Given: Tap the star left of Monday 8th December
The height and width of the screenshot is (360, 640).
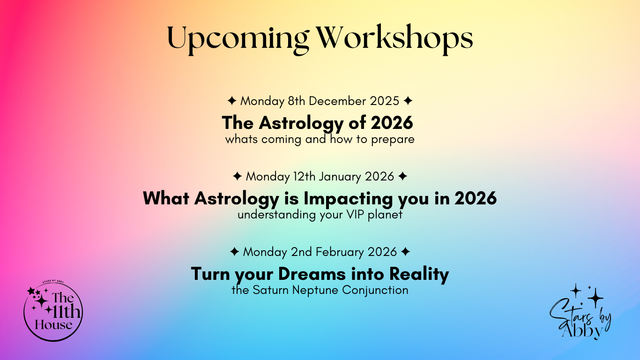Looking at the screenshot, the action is [x=232, y=101].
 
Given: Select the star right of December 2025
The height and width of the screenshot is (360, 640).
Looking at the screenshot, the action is [x=408, y=101].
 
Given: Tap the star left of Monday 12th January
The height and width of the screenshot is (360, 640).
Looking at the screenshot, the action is [x=238, y=176].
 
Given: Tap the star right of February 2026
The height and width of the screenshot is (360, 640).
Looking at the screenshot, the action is [x=405, y=252].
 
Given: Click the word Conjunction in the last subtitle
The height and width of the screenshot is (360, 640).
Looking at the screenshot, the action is [x=375, y=291].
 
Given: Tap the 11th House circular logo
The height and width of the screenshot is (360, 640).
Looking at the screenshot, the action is [x=53, y=311].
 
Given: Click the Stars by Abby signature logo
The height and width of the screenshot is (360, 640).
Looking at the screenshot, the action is [x=580, y=312].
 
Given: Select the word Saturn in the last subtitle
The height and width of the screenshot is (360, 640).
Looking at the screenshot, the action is [x=271, y=290].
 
